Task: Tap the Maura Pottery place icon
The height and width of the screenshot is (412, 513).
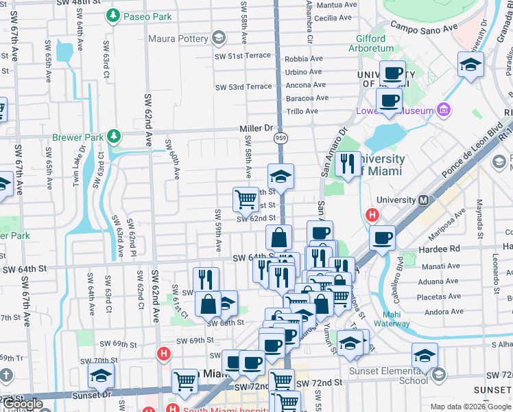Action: (219, 38)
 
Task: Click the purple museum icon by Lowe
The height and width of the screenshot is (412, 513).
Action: (444, 110)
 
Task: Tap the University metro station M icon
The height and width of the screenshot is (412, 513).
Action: (423, 201)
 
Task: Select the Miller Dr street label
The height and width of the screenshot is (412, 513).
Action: (256, 128)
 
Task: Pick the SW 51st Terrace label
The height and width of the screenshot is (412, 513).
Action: (243, 56)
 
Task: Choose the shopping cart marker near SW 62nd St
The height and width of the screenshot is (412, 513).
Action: (246, 200)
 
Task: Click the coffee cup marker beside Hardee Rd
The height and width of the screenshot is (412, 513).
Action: (382, 238)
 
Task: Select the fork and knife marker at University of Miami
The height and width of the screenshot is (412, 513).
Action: (348, 163)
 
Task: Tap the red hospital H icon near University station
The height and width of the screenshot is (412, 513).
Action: (373, 215)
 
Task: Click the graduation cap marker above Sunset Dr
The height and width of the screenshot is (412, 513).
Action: (101, 375)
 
